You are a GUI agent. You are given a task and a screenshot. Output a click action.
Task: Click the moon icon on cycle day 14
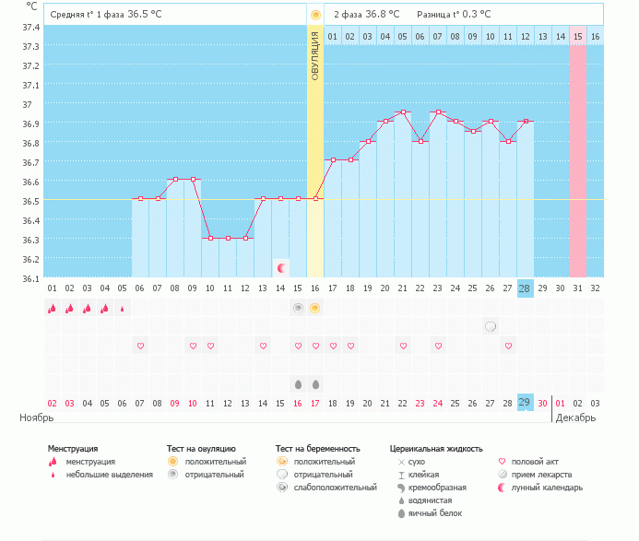280,268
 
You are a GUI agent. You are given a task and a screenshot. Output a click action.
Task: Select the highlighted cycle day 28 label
525,288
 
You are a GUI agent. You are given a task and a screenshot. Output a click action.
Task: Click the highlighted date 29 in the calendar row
525,403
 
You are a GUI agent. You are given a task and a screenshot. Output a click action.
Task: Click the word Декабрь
575,418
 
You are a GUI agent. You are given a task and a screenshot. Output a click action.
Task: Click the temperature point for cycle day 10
210,238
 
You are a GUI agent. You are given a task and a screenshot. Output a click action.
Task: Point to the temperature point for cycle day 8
175,179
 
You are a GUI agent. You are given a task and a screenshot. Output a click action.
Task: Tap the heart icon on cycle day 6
140,346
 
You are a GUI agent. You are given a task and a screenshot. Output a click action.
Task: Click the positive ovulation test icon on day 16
315,308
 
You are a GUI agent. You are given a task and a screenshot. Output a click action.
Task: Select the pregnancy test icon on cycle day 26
491,326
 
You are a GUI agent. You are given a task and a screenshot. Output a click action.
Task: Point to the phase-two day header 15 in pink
577,36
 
